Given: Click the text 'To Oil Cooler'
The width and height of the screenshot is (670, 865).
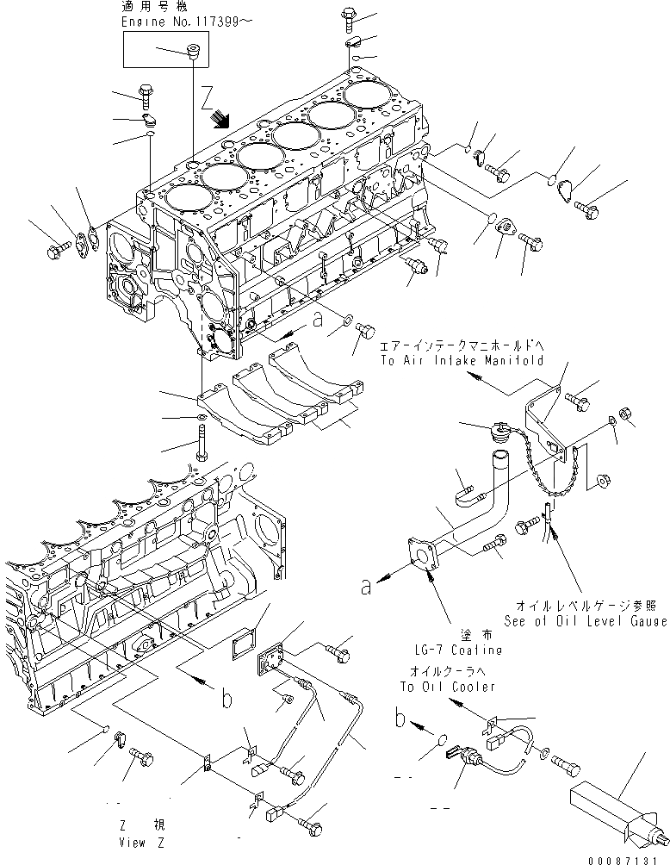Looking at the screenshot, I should (448, 686).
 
